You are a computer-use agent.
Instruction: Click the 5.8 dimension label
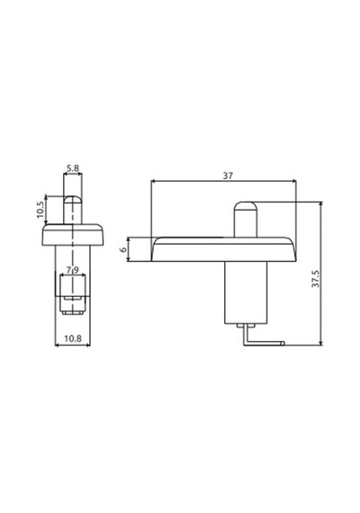coord(73,168)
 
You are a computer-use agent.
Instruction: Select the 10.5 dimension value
coord(40,210)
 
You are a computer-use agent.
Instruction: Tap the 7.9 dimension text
coord(73,270)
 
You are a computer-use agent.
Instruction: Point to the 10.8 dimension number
coord(73,338)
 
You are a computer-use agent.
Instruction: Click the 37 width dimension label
coord(228,175)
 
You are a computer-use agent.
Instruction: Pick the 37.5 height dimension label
coord(315,279)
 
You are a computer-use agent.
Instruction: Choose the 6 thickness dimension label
coord(123,249)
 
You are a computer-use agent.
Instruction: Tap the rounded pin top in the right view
coord(245,207)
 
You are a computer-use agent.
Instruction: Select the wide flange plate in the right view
coord(223,249)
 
